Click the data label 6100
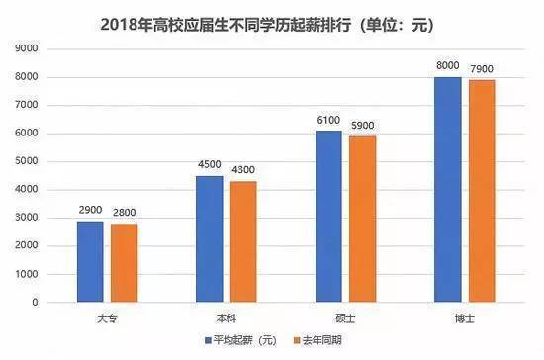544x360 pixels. pyautogui.click(x=328, y=121)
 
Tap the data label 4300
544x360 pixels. pyautogui.click(x=244, y=171)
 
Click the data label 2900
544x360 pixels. pyautogui.click(x=90, y=211)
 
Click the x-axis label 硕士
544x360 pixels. pyautogui.click(x=345, y=315)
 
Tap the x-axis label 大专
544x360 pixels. pyautogui.click(x=107, y=315)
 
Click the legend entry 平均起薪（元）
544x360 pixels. pyautogui.click(x=241, y=340)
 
